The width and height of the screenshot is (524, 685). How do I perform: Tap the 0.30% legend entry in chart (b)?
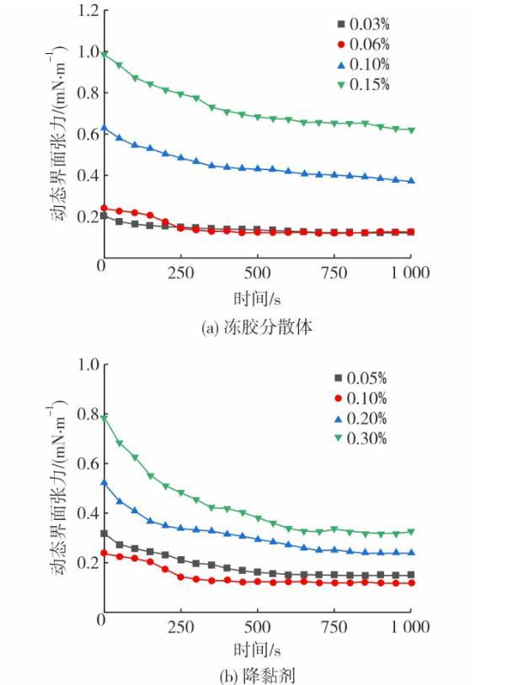[363, 438]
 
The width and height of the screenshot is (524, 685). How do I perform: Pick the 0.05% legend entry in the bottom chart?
[363, 378]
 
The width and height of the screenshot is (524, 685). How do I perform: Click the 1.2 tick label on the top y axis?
[88, 11]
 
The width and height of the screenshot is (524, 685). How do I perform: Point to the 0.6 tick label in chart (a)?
[88, 135]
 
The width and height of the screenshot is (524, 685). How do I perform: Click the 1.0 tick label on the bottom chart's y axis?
[88, 365]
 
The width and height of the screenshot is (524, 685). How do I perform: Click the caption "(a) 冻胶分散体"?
[257, 327]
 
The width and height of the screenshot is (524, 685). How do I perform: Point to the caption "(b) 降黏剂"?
[257, 675]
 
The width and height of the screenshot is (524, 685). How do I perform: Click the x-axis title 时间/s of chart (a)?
[257, 298]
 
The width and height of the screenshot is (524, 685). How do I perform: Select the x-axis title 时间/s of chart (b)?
[257, 650]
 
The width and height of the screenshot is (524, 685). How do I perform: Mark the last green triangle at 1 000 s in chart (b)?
[411, 532]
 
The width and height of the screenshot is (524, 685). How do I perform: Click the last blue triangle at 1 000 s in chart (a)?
[411, 181]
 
